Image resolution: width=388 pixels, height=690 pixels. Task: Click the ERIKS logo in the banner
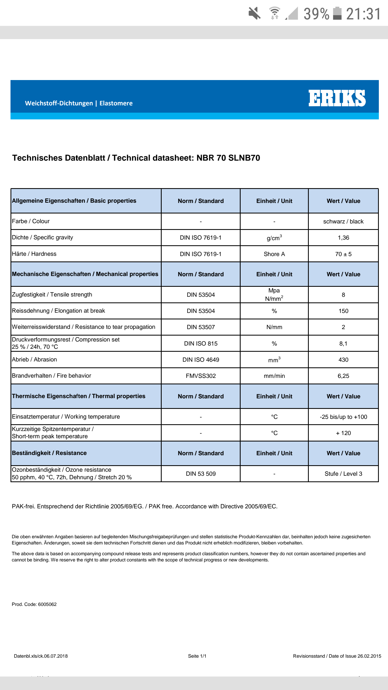[x=337, y=98]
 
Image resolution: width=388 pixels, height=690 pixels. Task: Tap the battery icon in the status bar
[x=337, y=13]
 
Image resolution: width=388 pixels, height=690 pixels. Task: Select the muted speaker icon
[x=254, y=13]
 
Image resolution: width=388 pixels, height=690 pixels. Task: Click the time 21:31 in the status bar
[x=363, y=14]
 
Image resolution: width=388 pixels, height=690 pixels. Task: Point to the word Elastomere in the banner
[x=116, y=103]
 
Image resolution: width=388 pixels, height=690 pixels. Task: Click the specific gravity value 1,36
[x=343, y=238]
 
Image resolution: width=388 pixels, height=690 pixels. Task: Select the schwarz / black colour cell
[x=343, y=222]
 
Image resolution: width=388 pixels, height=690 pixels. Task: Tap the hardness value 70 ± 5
[x=343, y=254]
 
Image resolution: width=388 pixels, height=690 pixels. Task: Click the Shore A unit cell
[x=274, y=254]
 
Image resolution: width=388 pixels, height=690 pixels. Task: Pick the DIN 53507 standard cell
[x=201, y=327]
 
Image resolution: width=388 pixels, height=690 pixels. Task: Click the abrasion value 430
[x=343, y=360]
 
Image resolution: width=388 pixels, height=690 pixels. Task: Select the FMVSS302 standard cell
[x=201, y=376]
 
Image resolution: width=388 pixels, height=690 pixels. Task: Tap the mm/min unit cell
[x=274, y=376]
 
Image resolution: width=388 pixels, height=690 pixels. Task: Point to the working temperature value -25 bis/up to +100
[x=343, y=417]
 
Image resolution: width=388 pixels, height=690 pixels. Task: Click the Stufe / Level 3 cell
[x=343, y=474]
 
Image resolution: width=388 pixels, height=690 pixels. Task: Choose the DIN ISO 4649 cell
[x=201, y=360]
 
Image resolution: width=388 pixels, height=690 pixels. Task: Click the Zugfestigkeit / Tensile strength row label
[x=52, y=295]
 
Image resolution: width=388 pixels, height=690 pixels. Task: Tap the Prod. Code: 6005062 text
[x=34, y=604]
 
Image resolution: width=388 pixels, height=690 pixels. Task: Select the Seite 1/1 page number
[x=197, y=656]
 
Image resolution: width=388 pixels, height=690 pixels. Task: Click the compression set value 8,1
[x=343, y=344]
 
